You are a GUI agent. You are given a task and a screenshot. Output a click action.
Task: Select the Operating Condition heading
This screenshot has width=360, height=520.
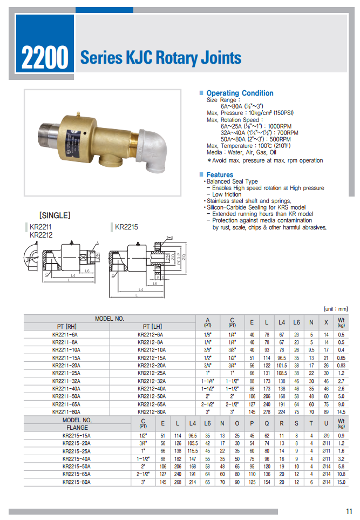[x=240, y=93]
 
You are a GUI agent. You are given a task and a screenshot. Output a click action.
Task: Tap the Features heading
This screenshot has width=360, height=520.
[x=220, y=175]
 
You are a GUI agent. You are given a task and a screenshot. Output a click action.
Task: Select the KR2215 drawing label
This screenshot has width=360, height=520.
[x=126, y=227]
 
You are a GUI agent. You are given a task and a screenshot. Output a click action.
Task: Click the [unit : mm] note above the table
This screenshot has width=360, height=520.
[x=336, y=309]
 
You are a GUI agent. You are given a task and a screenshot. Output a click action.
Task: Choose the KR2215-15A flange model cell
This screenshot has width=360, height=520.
[x=77, y=435]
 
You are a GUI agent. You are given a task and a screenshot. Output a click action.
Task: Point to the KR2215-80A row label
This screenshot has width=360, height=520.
[x=77, y=482]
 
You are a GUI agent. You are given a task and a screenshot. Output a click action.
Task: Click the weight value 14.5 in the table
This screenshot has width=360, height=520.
[x=341, y=411]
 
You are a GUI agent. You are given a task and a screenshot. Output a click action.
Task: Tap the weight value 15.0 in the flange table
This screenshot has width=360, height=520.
[x=341, y=482]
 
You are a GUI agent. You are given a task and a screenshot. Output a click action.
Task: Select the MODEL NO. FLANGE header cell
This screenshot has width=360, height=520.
[x=77, y=423]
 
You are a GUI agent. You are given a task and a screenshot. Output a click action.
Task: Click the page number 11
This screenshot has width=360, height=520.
[x=349, y=511]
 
